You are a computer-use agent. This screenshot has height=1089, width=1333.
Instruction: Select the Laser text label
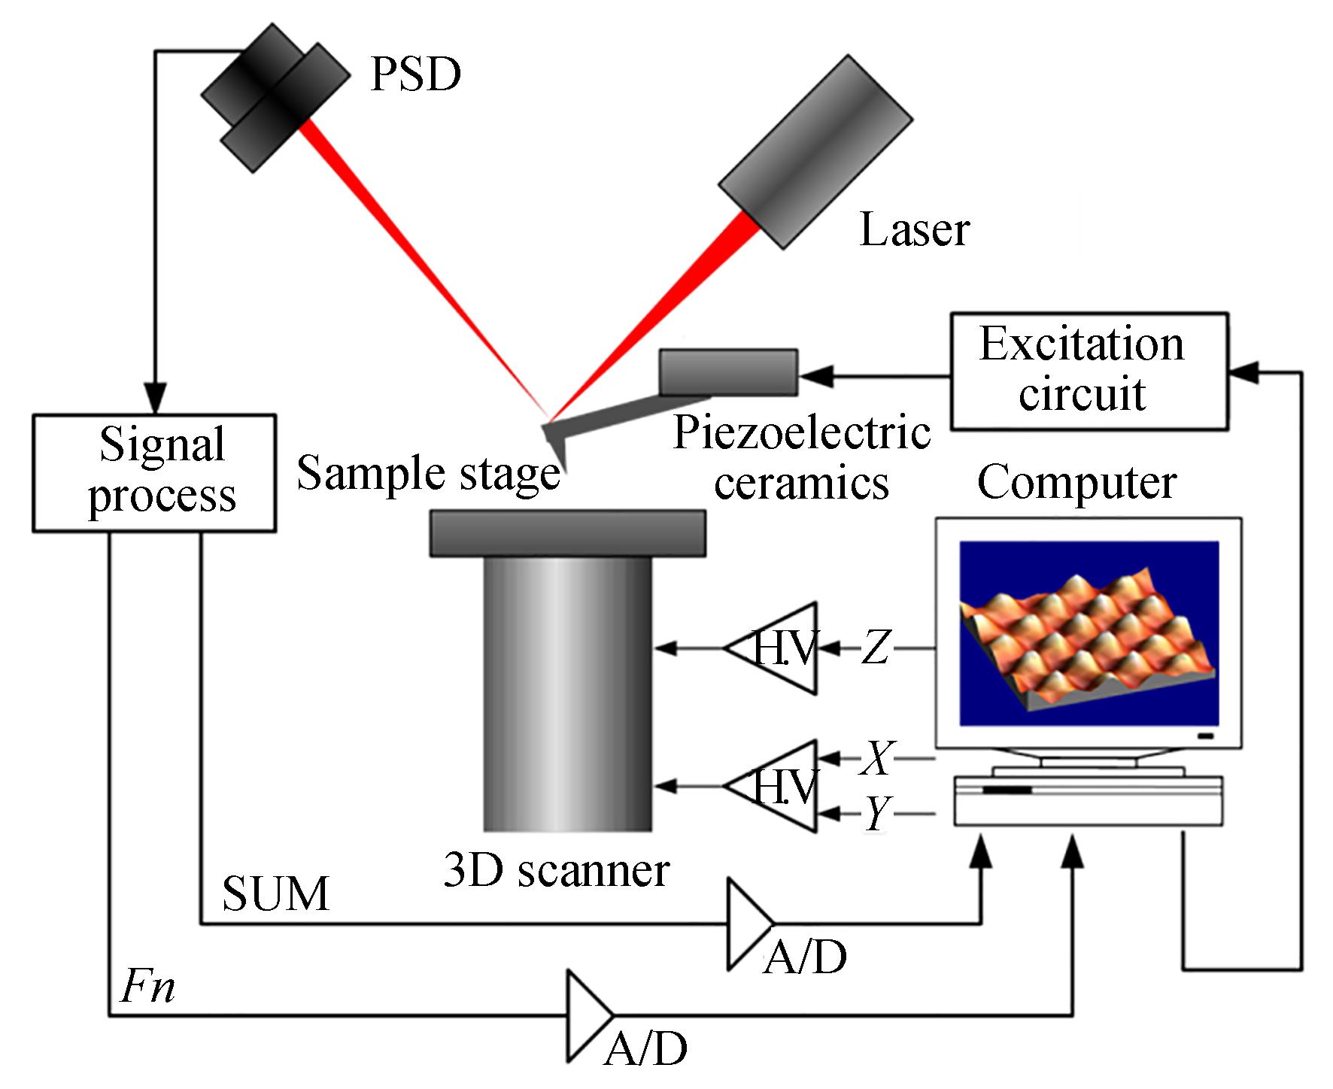[x=914, y=229]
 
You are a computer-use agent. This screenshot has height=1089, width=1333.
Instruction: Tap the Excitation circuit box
[x=1089, y=372]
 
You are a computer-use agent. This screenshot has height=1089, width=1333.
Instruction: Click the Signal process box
[x=154, y=473]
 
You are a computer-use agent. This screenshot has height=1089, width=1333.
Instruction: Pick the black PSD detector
[x=275, y=98]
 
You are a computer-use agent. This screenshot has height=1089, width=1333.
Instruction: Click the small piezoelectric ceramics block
[x=728, y=372]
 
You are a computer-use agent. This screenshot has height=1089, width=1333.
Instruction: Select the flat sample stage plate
[x=567, y=533]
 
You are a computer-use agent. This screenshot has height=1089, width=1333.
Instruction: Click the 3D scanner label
[x=556, y=870]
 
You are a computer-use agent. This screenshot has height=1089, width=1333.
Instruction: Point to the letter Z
[x=875, y=648]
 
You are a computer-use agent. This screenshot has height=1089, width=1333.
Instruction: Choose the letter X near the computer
[x=877, y=757]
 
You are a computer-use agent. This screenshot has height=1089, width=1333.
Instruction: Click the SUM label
[x=276, y=893]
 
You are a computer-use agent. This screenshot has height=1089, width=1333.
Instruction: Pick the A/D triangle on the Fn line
[x=587, y=1015]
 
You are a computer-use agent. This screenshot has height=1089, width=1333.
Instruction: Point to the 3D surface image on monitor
[x=1088, y=632]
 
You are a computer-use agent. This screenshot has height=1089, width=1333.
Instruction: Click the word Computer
[x=1076, y=483]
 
